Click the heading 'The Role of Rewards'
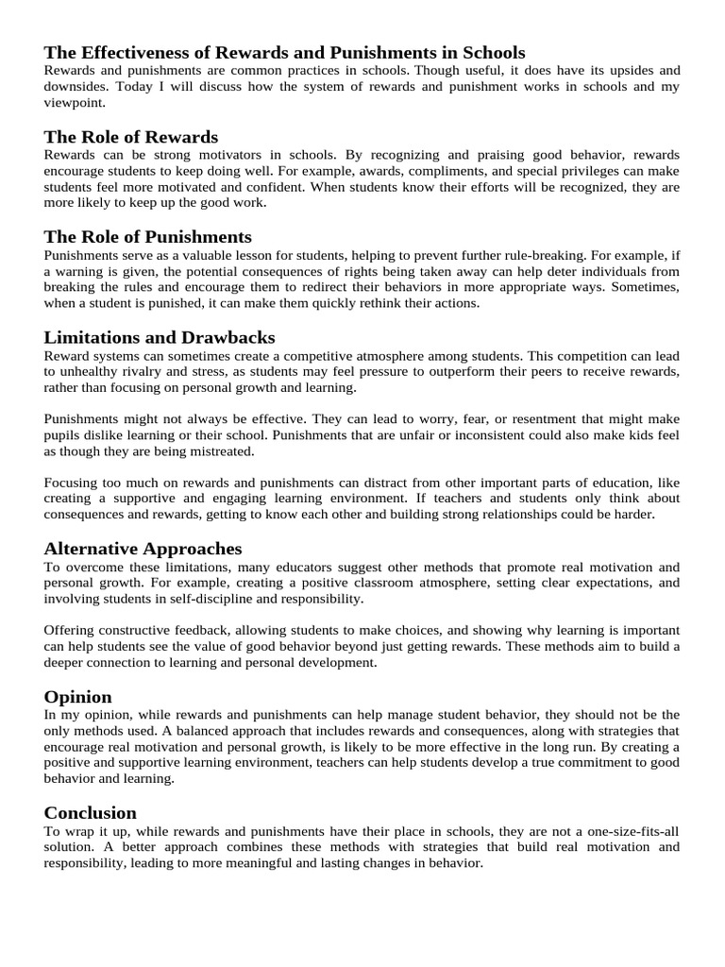click(131, 138)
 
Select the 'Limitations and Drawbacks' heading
click(160, 337)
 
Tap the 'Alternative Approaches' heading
click(143, 549)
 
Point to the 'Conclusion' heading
click(91, 813)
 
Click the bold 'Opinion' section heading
click(78, 697)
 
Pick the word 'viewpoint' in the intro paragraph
click(76, 103)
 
